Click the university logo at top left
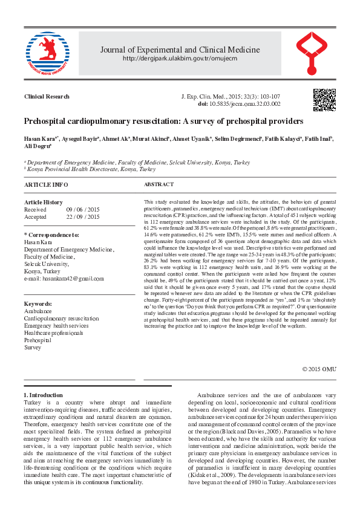click(x=44, y=53)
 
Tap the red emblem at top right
click(x=315, y=53)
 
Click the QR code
click(x=324, y=100)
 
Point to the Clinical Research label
click(x=47, y=97)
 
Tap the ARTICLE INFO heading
click(x=46, y=184)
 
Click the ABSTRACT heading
click(x=159, y=184)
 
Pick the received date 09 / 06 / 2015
click(x=83, y=209)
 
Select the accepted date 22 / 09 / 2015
click(x=83, y=216)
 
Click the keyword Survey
click(x=33, y=348)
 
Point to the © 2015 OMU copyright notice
click(x=318, y=369)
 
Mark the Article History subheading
click(x=43, y=203)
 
